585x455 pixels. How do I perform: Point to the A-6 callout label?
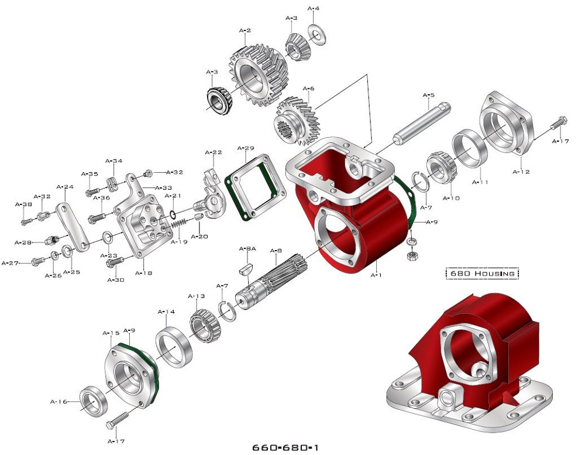pos(308,88)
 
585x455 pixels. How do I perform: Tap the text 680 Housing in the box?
pos(482,273)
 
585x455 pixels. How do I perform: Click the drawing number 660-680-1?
pos(289,447)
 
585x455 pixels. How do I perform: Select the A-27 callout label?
pos(11,263)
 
